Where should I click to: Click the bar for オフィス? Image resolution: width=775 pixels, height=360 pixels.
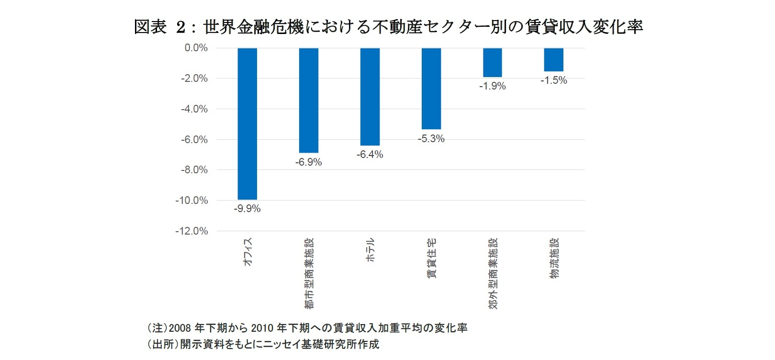[247, 124]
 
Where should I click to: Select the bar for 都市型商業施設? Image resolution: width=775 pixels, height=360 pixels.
[308, 101]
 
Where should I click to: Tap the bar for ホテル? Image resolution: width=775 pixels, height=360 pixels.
[370, 97]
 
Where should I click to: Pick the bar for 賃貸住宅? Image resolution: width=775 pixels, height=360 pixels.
[431, 89]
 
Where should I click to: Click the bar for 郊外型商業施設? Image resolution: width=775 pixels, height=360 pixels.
[492, 62]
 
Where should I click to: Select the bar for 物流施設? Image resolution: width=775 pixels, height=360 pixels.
[553, 59]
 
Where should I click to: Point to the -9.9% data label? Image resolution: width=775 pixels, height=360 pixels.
[247, 209]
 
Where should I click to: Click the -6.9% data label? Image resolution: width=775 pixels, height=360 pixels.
[308, 162]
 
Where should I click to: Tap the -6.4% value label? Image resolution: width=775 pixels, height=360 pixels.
[370, 155]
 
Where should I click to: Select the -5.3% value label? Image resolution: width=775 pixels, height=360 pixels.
[431, 139]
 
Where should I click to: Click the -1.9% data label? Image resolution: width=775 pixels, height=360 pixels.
[492, 86]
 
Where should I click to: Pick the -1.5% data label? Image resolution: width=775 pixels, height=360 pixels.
[553, 80]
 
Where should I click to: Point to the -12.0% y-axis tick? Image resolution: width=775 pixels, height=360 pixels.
[191, 231]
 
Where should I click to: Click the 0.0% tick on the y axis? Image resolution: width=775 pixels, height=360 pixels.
[196, 48]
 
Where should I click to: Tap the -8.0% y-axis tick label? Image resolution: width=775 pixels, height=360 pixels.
[194, 170]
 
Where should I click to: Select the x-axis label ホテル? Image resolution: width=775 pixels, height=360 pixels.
[370, 250]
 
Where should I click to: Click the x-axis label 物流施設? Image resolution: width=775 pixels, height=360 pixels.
[554, 259]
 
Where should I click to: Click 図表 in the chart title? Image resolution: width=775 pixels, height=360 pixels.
[150, 27]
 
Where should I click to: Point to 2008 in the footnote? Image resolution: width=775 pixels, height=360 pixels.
[180, 328]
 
